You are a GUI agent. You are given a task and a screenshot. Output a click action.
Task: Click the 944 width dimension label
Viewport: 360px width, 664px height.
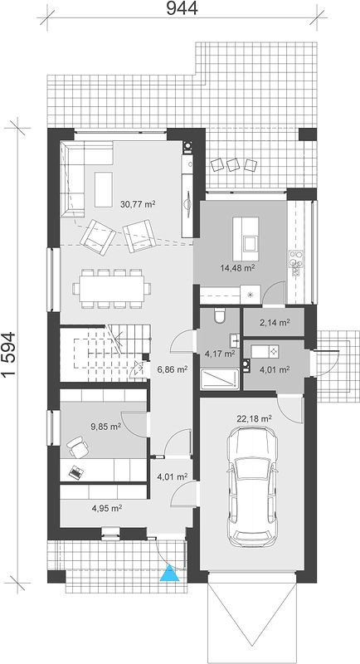[x=182, y=8]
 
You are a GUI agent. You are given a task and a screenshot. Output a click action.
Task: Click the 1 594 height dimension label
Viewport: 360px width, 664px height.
[x=9, y=354]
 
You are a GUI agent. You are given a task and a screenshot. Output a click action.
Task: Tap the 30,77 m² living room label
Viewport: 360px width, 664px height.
[x=138, y=204]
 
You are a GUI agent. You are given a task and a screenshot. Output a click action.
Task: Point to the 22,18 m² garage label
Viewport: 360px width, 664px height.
[x=254, y=419]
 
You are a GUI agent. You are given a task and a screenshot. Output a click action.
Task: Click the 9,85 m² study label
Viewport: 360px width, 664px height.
[x=105, y=427]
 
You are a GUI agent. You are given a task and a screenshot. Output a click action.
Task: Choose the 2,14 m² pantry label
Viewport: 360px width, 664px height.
[x=275, y=323]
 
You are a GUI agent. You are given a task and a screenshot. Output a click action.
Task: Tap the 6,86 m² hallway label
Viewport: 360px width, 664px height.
[x=173, y=369]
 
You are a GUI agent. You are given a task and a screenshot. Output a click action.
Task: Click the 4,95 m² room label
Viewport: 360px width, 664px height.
[x=107, y=508]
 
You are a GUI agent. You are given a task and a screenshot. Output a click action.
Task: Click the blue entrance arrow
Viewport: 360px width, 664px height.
[x=170, y=573]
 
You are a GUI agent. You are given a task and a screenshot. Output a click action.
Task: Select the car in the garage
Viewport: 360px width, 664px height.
[x=251, y=487]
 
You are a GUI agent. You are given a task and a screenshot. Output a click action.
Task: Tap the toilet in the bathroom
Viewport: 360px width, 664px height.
[x=220, y=316]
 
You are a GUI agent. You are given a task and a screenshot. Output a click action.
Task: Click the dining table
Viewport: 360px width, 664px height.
[x=112, y=288]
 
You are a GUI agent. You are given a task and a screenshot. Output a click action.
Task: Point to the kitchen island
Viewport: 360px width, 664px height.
[x=246, y=239]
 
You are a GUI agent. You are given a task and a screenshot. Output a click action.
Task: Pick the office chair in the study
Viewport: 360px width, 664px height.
[x=77, y=447]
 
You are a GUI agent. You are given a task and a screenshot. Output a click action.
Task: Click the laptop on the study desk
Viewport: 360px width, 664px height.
[x=75, y=472]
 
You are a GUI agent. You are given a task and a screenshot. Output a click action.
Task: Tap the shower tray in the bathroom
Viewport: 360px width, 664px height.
[x=220, y=378]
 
